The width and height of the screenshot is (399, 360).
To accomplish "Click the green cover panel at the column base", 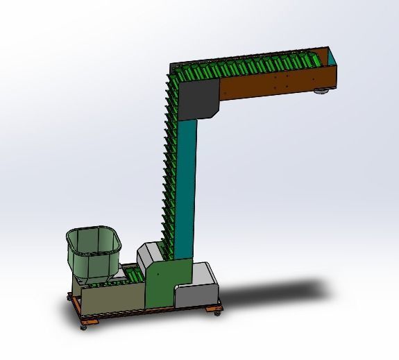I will click(x=160, y=284).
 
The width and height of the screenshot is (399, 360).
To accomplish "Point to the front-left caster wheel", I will click(x=84, y=325).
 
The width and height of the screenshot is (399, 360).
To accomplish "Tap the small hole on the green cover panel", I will click(x=162, y=277).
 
